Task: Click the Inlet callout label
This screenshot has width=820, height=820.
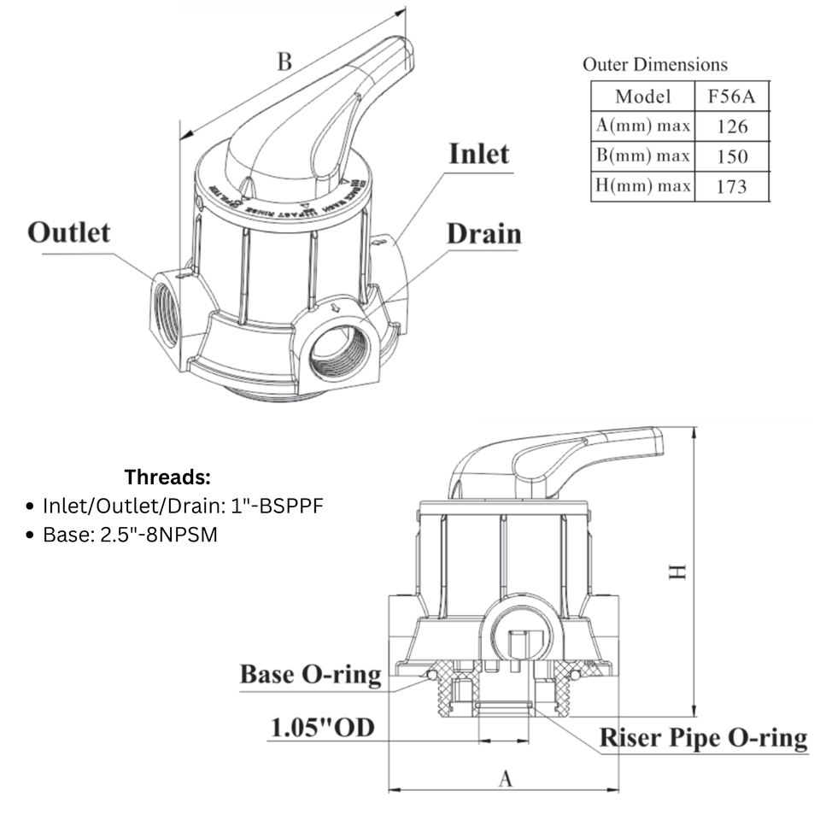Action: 479,154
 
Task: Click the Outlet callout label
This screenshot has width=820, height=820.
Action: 68,231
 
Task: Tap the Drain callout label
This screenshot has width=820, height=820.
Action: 483,233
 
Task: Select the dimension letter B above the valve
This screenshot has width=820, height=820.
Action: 284,61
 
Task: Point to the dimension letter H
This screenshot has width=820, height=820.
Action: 677,571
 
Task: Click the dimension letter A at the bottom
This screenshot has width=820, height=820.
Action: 505,778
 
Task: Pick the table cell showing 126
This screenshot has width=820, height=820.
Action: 731,126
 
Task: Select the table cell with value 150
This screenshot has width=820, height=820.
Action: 731,156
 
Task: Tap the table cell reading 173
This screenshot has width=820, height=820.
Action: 731,186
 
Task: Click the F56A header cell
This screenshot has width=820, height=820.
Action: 731,96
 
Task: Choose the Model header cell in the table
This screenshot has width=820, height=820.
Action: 642,96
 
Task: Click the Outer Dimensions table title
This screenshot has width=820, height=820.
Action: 655,64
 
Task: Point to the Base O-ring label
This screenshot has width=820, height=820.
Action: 310,674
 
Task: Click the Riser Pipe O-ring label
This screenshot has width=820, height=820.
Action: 702,737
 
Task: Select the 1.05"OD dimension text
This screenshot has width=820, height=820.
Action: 323,728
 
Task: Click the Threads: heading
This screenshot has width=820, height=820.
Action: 167,476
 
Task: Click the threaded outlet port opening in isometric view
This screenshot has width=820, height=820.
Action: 167,313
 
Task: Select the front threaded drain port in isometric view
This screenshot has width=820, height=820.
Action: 339,352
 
